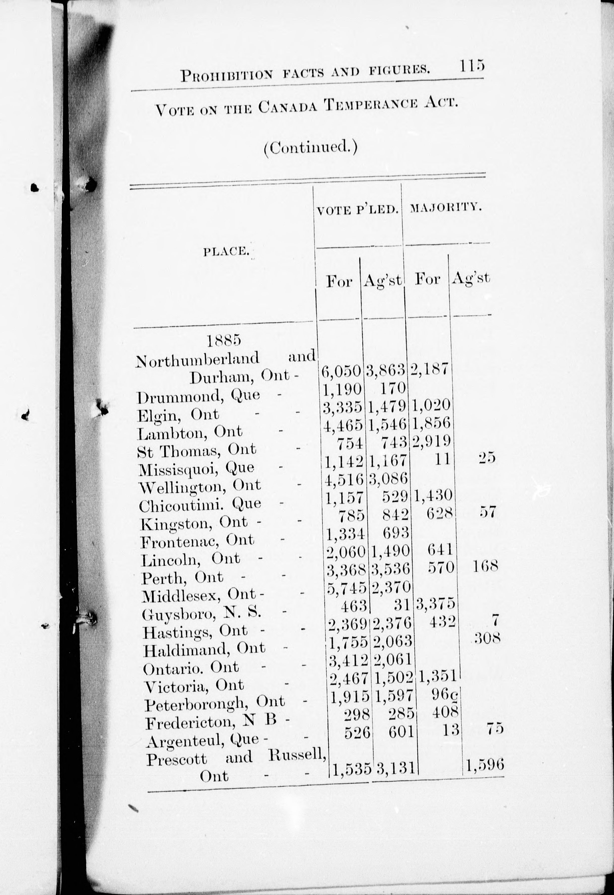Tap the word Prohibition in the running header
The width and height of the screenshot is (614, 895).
click(x=227, y=74)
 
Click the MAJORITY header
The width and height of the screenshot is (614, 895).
click(x=446, y=208)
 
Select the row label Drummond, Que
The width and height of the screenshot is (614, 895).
click(x=198, y=395)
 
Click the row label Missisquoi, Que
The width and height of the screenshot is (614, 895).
click(x=196, y=468)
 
